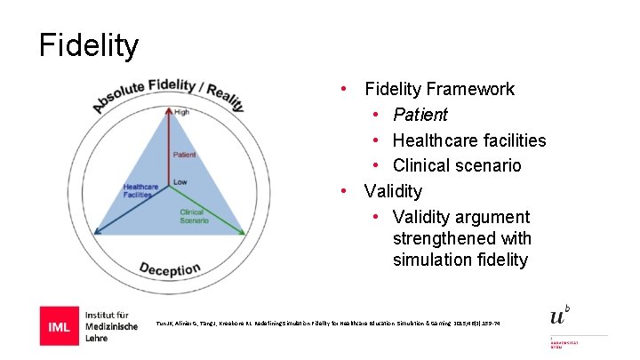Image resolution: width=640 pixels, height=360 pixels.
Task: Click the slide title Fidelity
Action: tap(89, 45)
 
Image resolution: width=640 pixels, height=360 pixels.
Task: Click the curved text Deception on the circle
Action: tap(170, 267)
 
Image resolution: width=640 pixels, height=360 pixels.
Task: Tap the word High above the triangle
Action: tap(181, 112)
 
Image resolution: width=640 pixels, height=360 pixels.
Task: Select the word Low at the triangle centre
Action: tap(180, 182)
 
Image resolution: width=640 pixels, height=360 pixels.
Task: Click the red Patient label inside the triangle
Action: tap(185, 155)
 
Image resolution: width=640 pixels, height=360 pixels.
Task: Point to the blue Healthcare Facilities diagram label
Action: tap(141, 192)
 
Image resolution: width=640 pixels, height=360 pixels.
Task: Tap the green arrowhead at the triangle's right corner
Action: tap(242, 233)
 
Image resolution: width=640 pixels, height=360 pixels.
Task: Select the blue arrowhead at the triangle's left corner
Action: tap(98, 233)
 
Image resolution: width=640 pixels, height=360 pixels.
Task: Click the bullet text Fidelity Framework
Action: tap(439, 89)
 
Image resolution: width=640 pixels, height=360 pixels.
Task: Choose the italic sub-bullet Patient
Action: tap(420, 115)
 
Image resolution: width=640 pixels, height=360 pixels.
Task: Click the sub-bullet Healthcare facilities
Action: tap(469, 140)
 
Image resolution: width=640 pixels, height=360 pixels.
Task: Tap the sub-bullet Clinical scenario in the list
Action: tap(457, 165)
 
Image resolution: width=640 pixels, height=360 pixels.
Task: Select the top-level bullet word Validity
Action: tap(393, 191)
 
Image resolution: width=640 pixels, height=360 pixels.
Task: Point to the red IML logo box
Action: tap(58, 325)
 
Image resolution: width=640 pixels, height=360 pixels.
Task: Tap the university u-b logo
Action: tap(559, 316)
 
